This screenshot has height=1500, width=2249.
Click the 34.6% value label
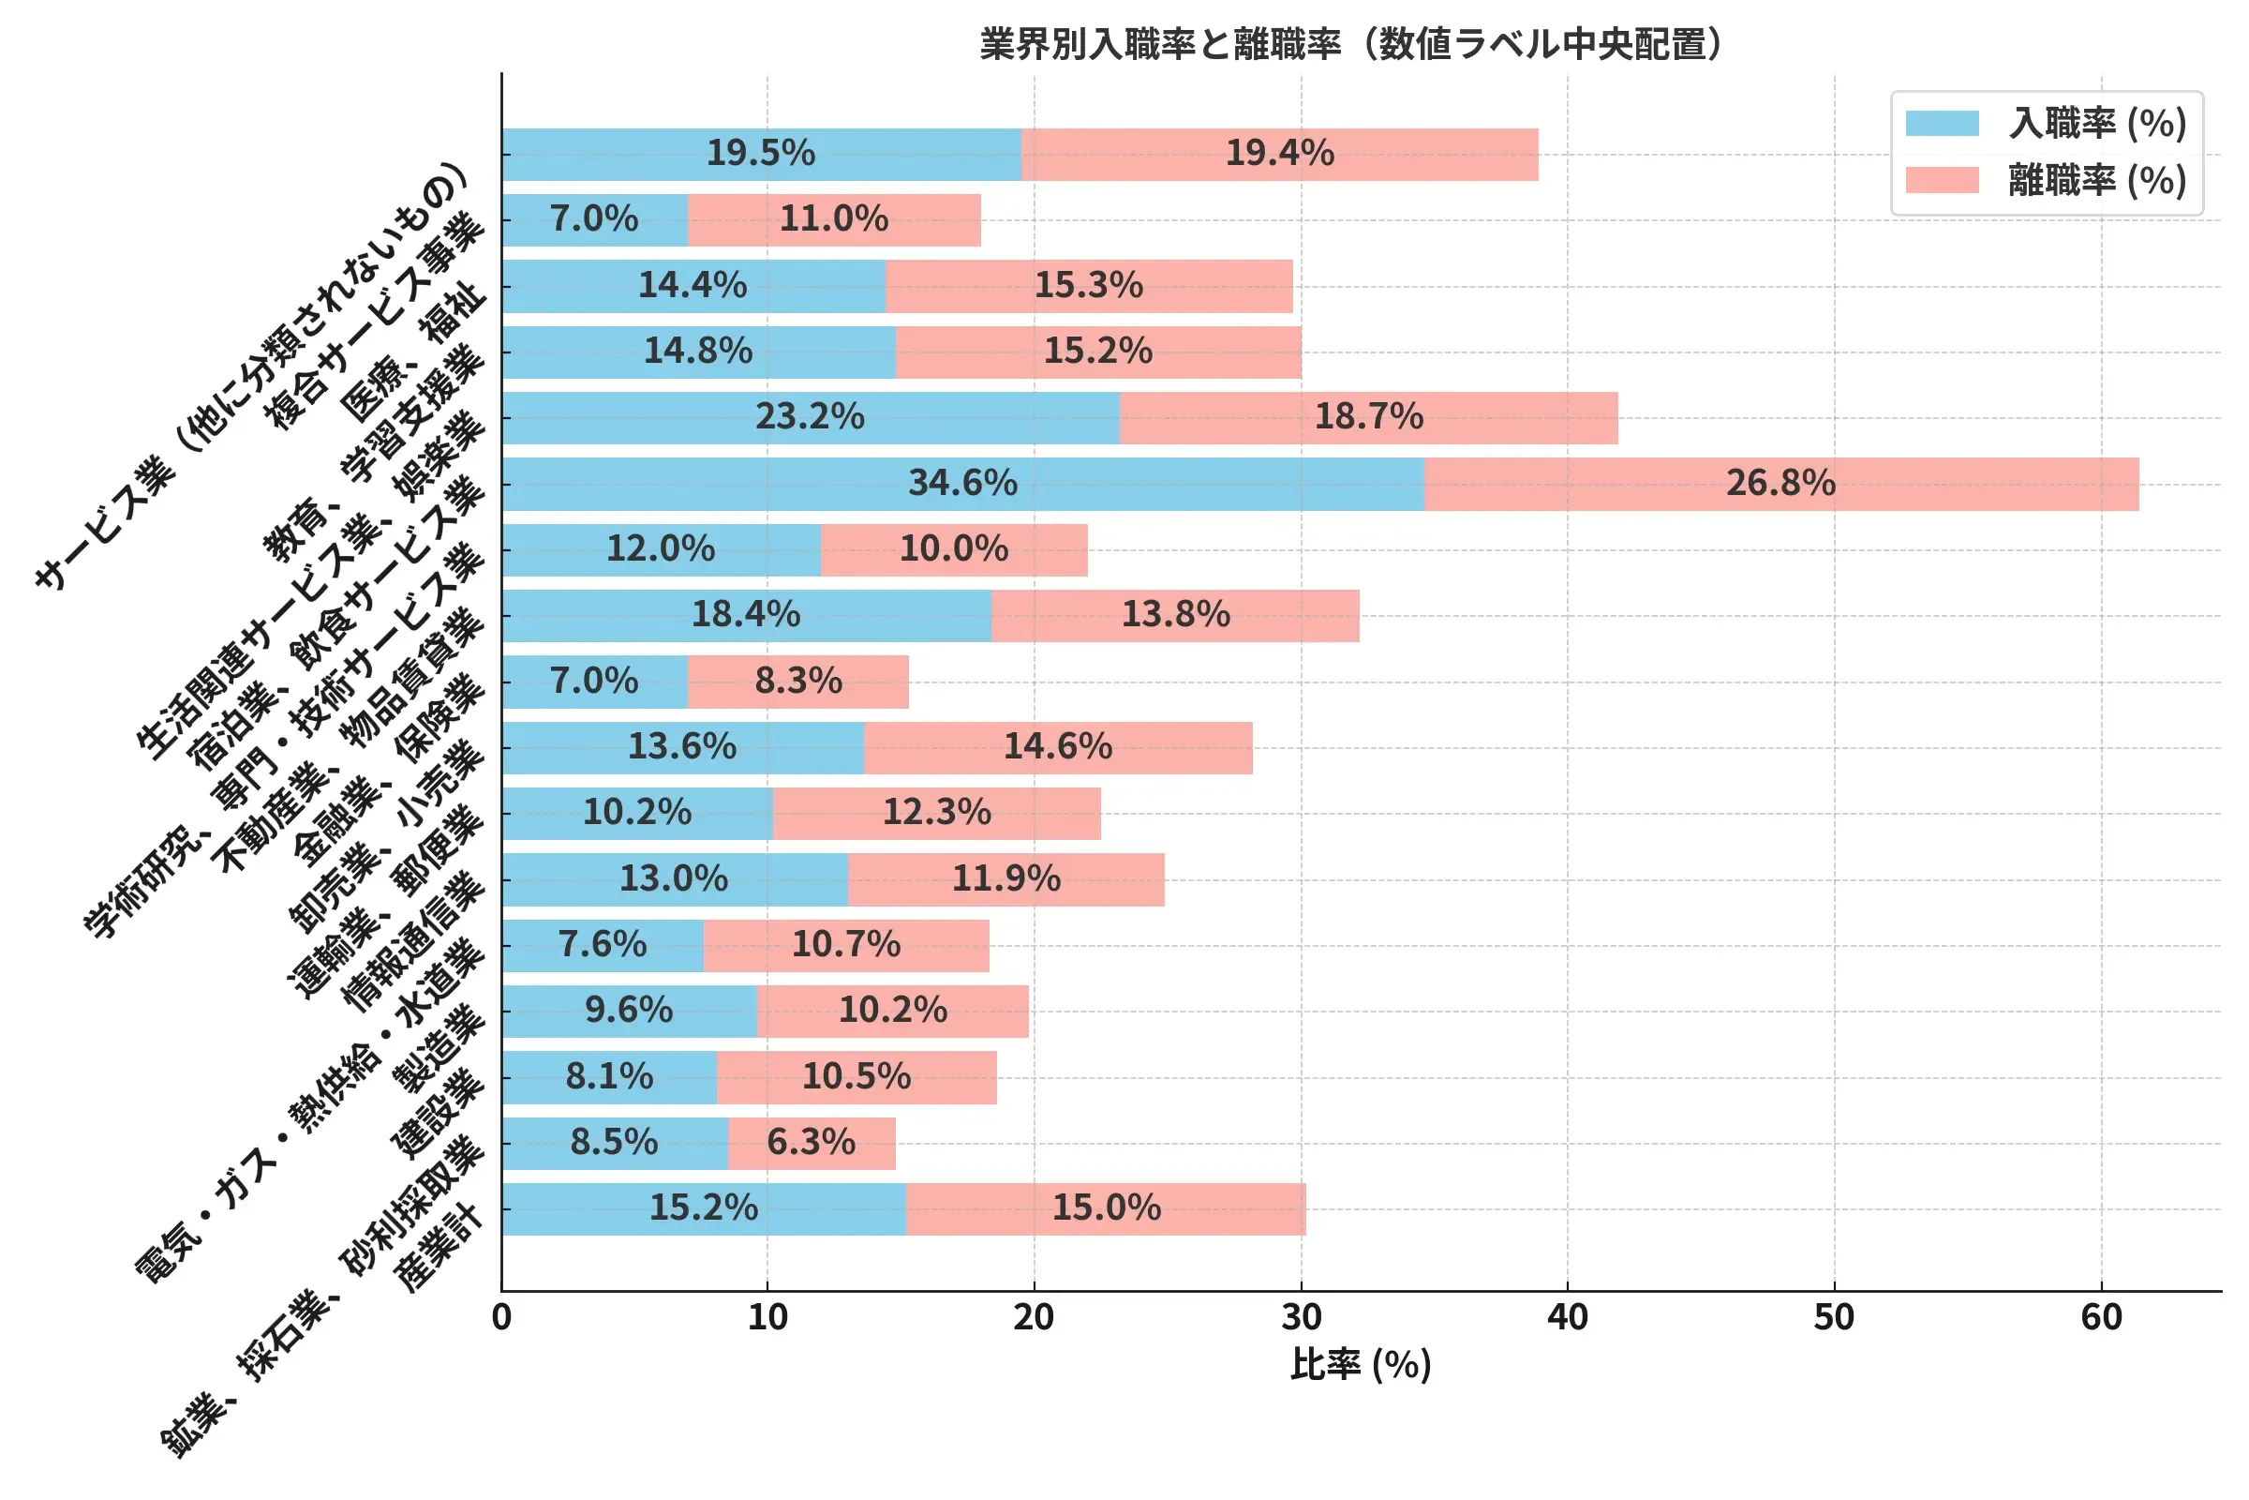[962, 483]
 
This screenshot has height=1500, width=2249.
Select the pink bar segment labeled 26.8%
[1780, 483]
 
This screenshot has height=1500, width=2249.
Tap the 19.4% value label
[1279, 153]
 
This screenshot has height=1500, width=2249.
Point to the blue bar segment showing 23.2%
[810, 417]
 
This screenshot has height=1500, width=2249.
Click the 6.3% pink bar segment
[811, 1142]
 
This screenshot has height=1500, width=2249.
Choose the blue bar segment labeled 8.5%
[614, 1142]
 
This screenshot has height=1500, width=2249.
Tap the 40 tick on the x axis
[1567, 1318]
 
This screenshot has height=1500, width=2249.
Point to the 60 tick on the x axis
[2101, 1318]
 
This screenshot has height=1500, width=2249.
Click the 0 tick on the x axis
[501, 1318]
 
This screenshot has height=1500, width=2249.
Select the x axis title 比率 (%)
[1360, 1364]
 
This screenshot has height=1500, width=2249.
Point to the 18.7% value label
[1368, 417]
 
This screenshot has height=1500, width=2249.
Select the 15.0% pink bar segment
[1107, 1208]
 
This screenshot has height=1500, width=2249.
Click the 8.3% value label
[797, 682]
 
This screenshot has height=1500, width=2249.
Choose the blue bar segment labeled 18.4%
[746, 615]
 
